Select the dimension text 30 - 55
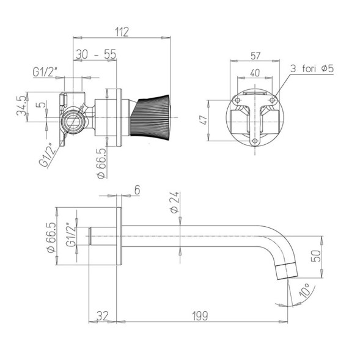click(96, 54)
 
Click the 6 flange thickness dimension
click(137, 190)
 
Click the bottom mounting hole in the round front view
click(255, 143)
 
